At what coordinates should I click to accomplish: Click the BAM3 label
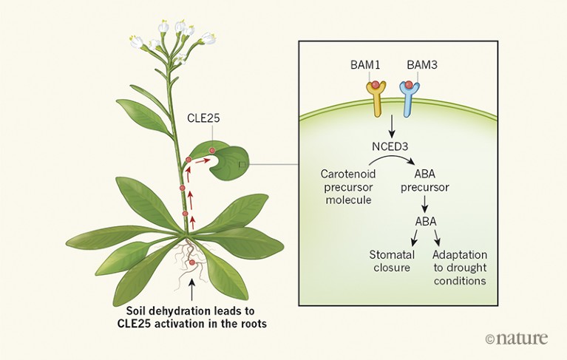pos(422,65)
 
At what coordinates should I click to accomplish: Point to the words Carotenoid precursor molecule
pos(344,186)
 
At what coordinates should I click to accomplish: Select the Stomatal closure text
pos(390,261)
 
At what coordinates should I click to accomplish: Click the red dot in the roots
pos(191,263)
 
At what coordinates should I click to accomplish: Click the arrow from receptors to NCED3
pos(391,129)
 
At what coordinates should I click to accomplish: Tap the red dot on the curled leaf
pos(212,151)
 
